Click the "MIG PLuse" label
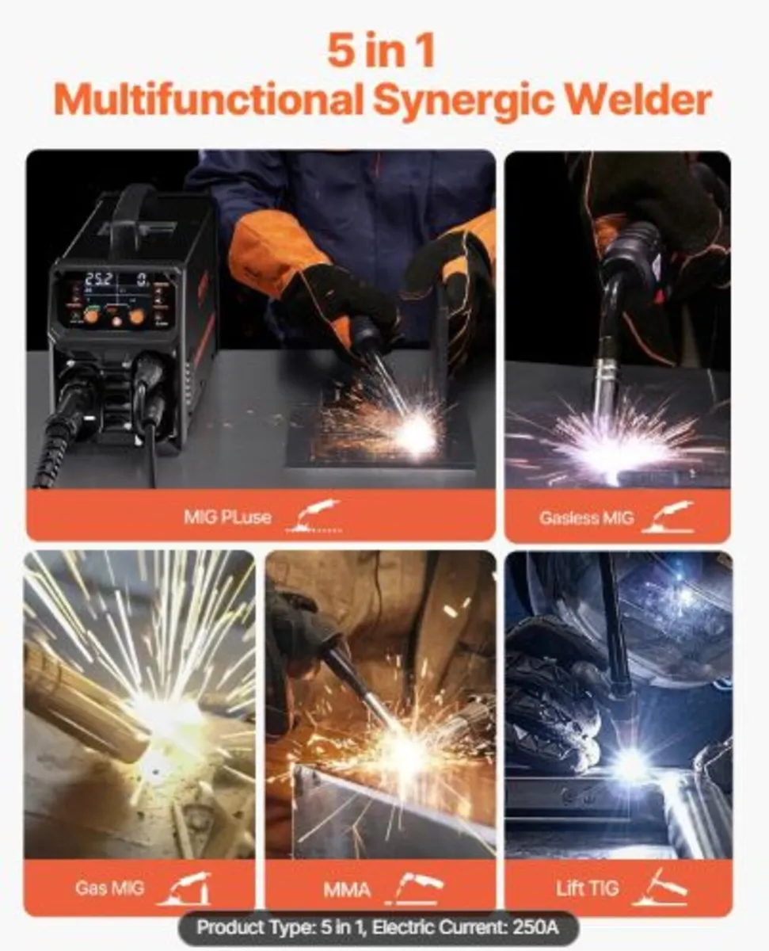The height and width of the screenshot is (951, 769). coord(227,518)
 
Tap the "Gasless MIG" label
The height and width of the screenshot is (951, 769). coord(586,518)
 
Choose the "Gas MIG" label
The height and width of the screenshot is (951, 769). coord(110,887)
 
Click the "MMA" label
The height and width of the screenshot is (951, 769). coord(346,889)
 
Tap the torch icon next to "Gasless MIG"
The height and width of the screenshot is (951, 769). coord(668,517)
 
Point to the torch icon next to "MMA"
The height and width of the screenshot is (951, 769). coord(417,888)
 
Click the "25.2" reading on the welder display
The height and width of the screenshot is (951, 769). coord(98,279)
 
